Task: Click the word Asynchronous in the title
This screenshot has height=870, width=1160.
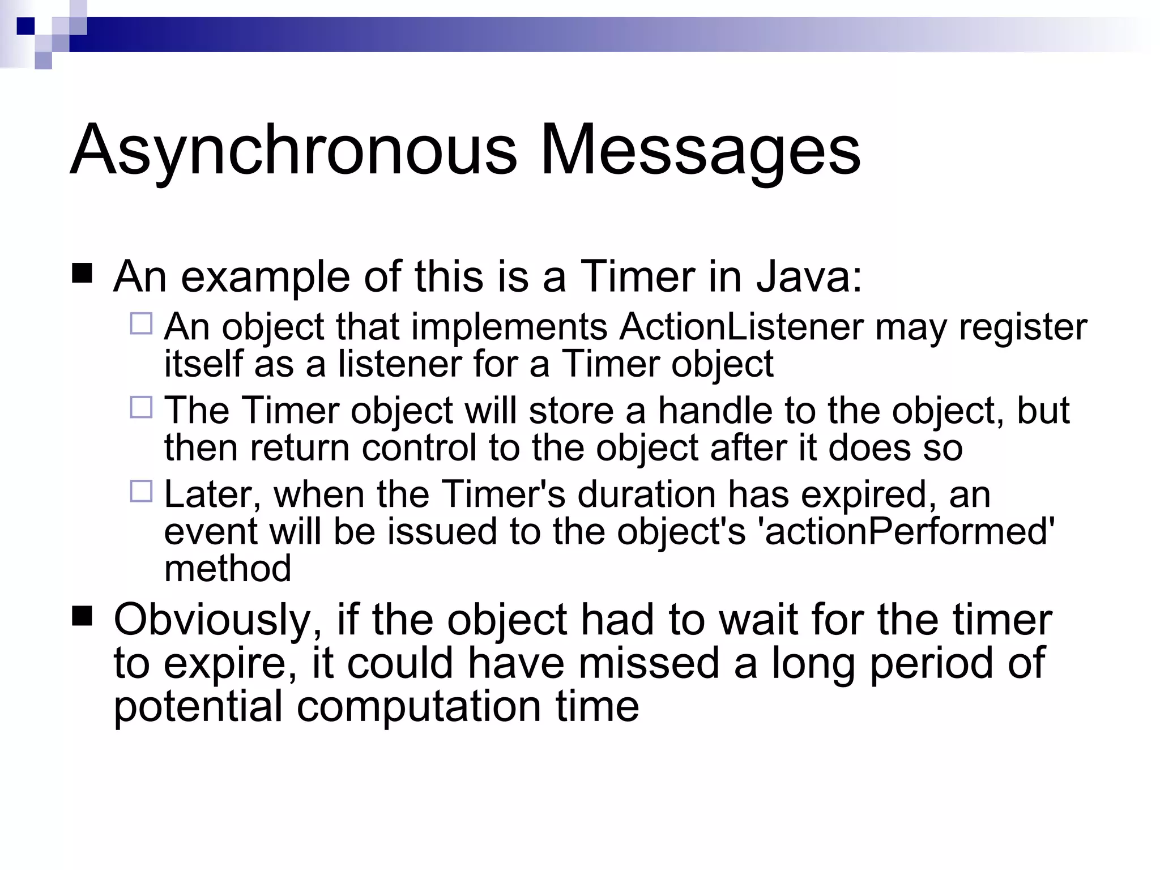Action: [x=293, y=151]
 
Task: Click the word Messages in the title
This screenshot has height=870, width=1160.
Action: [x=701, y=151]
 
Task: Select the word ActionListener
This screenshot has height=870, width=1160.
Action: [x=741, y=327]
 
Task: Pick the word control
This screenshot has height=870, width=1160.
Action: [x=419, y=447]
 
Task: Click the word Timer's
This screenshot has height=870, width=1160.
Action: [x=503, y=494]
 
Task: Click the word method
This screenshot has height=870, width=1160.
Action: [x=228, y=569]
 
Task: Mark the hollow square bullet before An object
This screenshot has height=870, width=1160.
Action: [x=141, y=323]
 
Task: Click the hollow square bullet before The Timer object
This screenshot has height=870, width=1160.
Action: [x=141, y=407]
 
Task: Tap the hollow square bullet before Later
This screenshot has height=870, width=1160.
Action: [x=141, y=491]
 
